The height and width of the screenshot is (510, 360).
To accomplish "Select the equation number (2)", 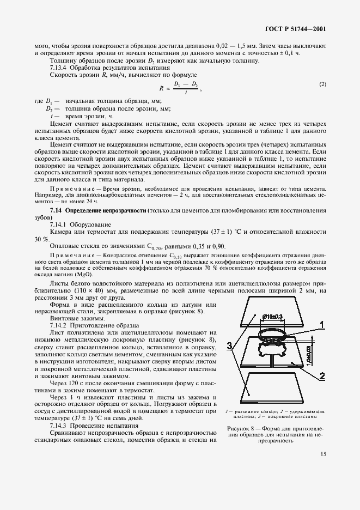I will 322,84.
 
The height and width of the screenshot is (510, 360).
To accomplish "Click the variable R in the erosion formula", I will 162,87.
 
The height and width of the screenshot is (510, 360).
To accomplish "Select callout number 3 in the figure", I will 231,345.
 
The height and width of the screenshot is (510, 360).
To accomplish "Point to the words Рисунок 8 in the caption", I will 241,428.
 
